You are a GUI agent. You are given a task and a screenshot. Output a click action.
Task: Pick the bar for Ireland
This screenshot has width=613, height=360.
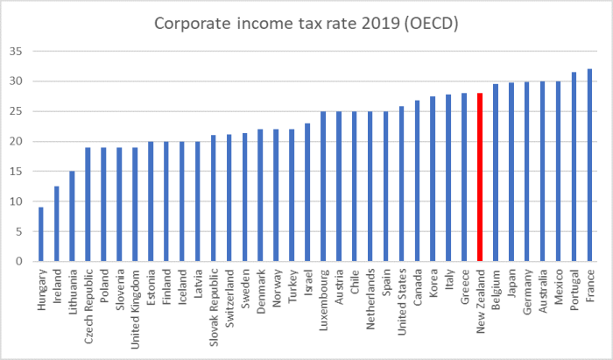[57, 223]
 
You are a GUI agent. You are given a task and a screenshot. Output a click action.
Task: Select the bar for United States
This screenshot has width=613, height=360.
[401, 184]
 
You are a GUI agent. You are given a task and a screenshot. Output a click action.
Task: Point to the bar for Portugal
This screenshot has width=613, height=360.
[574, 166]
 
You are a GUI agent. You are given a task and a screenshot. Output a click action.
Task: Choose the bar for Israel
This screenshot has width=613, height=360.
[306, 192]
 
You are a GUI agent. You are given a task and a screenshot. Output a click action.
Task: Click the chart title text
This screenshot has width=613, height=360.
[306, 24]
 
